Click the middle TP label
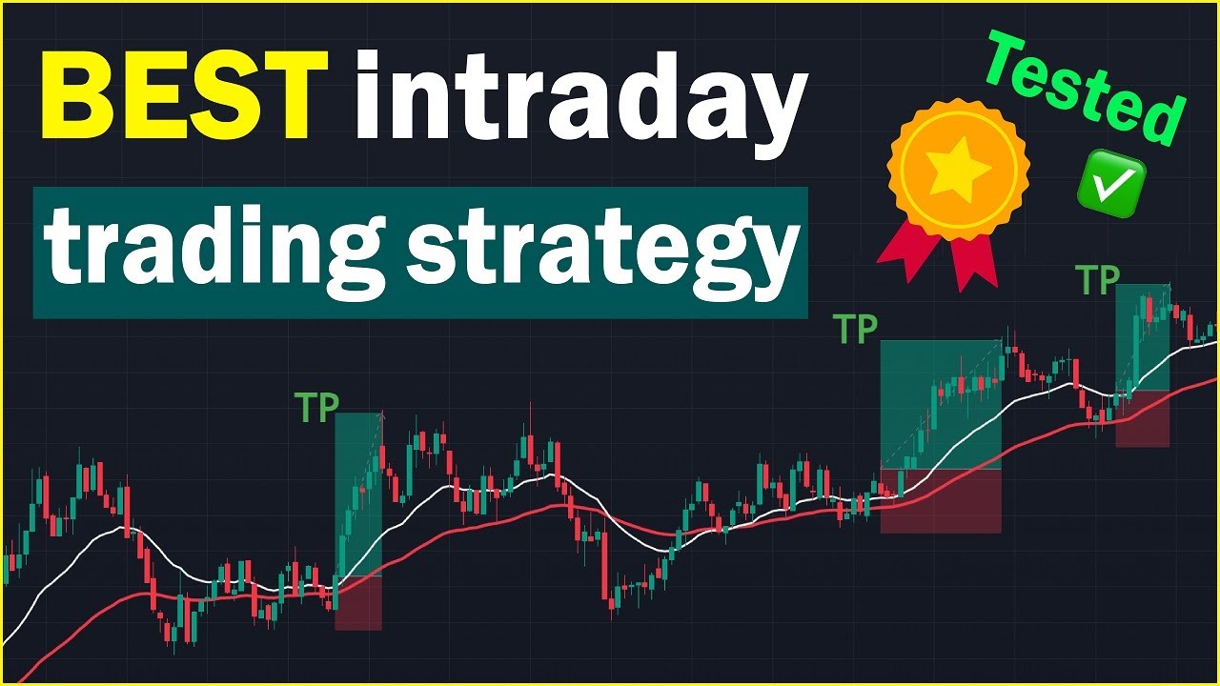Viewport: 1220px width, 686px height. (856, 330)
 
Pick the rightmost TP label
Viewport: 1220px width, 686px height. (1097, 280)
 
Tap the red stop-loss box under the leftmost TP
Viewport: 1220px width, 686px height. (358, 602)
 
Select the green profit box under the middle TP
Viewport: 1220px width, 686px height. (940, 405)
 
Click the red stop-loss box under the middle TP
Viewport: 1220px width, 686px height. (940, 500)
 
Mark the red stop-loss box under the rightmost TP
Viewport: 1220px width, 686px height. (1142, 418)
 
